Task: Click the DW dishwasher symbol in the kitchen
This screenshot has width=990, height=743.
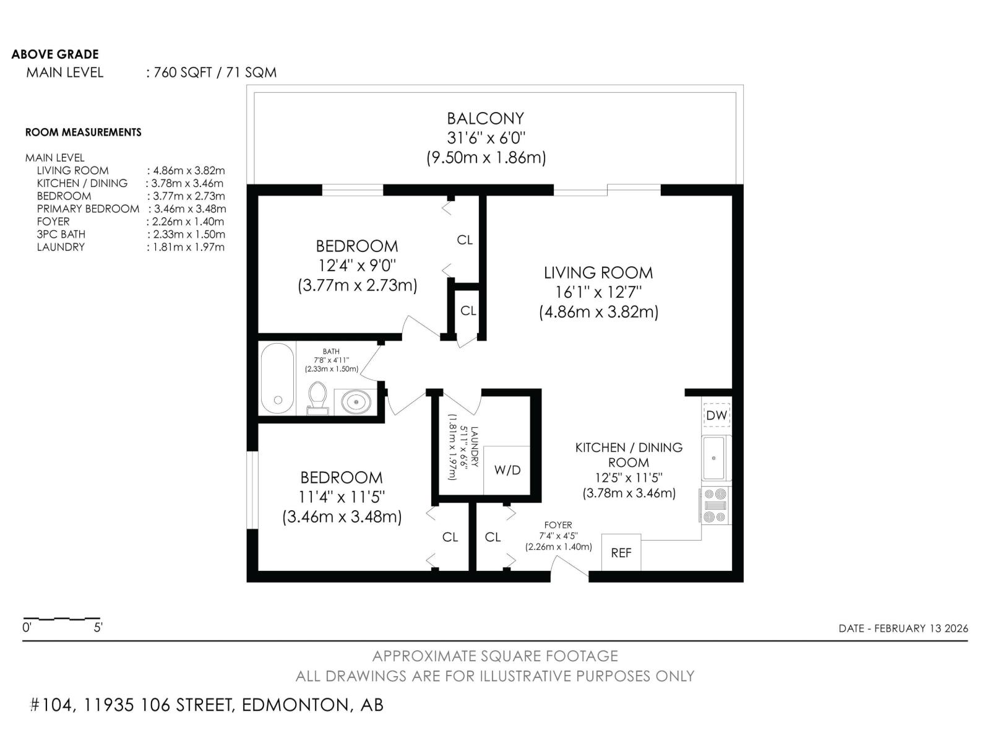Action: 717,415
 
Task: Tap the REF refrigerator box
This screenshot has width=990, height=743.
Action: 621,553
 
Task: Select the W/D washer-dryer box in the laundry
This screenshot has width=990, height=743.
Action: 507,470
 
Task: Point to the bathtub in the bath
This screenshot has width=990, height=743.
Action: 277,378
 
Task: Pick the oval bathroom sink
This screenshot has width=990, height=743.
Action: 356,401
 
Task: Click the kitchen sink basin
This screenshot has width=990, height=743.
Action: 713,458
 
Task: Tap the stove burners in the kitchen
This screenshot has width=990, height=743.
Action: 715,505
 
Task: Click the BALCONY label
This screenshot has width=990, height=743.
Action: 485,119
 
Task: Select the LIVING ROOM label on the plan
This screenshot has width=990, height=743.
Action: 598,273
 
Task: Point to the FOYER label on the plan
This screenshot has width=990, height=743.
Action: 558,524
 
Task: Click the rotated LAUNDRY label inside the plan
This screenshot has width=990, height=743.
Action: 474,446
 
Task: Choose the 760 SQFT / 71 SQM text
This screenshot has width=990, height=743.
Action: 215,72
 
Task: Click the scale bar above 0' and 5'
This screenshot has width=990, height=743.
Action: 62,618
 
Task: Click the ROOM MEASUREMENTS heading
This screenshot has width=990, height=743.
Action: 84,132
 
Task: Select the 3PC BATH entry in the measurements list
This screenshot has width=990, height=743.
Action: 61,234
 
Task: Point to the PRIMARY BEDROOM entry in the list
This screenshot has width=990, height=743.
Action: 88,209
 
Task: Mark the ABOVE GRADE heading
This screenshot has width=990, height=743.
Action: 55,54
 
